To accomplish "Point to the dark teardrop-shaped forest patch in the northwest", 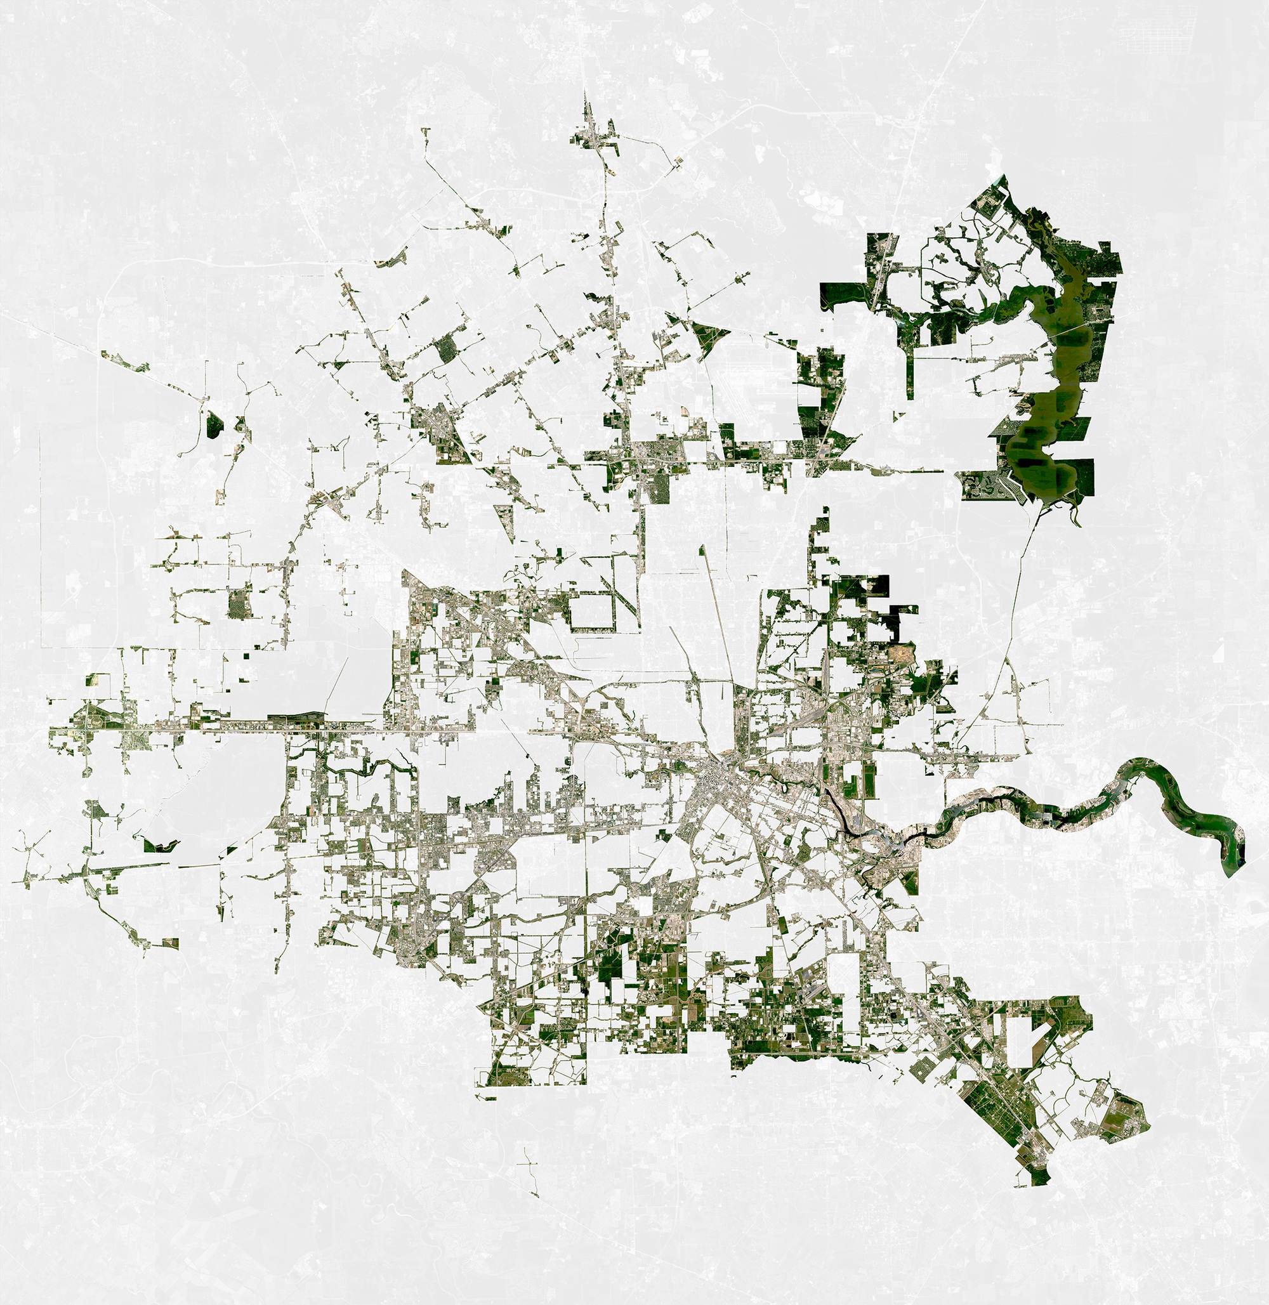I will [x=213, y=424].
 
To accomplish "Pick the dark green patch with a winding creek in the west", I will [x=160, y=845].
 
